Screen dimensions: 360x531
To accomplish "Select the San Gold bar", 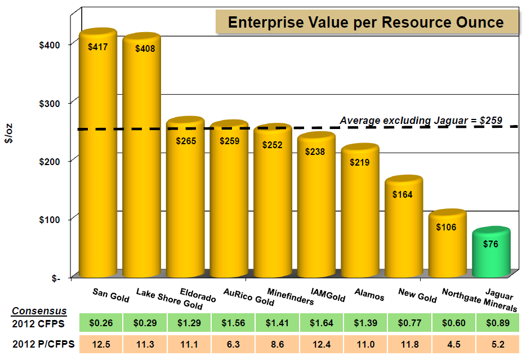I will [x=97, y=152].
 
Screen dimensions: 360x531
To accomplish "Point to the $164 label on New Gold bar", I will [x=403, y=195].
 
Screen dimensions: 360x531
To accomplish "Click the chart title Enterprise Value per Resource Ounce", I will [x=365, y=23].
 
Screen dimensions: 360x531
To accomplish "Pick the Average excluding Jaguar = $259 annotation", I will [x=420, y=121].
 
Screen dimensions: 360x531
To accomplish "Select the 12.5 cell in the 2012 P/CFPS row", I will [x=102, y=344].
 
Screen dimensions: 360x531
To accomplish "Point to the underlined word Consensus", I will [x=39, y=311].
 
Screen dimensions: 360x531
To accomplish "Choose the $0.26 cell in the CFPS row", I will [x=102, y=323].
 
